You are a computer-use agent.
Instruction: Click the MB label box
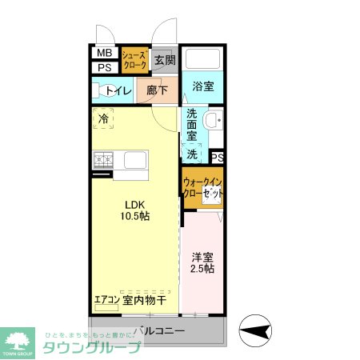click(103, 54)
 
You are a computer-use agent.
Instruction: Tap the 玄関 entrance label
click(164, 60)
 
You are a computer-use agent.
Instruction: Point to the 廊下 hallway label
click(158, 91)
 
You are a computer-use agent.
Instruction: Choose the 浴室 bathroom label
click(202, 86)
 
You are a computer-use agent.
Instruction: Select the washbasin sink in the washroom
click(213, 122)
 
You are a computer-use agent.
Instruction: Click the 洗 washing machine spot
click(192, 153)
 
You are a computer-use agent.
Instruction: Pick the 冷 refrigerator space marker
click(103, 119)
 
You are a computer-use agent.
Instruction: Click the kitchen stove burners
click(103, 160)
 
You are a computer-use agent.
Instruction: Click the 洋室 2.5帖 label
click(202, 263)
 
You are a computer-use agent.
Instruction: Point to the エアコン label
click(106, 300)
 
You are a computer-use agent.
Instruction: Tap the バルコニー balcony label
click(159, 330)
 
